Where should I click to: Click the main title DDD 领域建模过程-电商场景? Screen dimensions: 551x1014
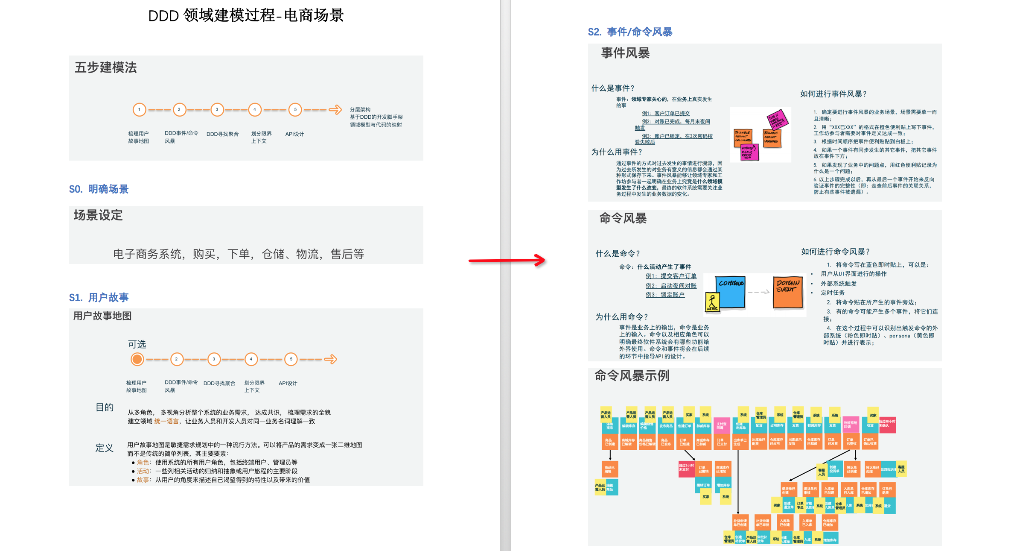pos(246,16)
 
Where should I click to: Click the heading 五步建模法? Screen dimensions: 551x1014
pos(106,67)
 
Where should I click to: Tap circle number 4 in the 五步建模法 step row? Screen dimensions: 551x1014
pos(255,110)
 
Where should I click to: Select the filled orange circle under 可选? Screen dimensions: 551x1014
pos(137,359)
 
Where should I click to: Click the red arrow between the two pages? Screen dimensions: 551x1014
pos(507,260)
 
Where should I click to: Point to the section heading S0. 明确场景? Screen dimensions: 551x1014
pos(99,189)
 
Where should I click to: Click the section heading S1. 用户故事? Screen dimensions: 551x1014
pos(99,297)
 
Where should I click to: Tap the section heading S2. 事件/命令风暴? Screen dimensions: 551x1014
pos(630,32)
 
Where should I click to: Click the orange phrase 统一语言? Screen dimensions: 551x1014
pos(166,422)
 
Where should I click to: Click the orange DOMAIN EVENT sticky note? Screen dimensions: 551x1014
pos(788,292)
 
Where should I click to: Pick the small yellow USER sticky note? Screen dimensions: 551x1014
pos(712,302)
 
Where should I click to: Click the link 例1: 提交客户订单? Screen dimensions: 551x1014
pos(671,276)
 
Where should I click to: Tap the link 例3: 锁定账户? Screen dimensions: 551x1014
pos(665,295)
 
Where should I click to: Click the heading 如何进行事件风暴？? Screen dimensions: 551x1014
pos(833,94)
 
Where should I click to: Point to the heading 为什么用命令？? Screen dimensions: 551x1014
pos(621,317)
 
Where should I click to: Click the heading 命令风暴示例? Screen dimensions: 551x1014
pos(632,376)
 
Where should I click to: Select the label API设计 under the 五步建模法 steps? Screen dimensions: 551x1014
pos(294,134)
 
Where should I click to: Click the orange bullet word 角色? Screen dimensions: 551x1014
pos(143,463)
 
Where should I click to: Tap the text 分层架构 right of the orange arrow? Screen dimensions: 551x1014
pos(360,110)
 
